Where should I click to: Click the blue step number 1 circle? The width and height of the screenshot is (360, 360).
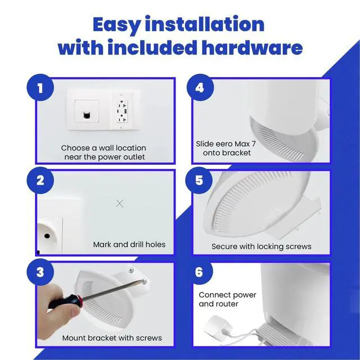pyautogui.click(x=40, y=88)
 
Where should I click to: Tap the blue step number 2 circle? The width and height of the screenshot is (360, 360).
pyautogui.click(x=40, y=180)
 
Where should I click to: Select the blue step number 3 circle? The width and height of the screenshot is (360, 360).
pyautogui.click(x=40, y=272)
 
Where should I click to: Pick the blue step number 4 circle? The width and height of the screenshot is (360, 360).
pyautogui.click(x=200, y=88)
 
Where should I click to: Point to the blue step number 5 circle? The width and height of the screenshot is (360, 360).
pyautogui.click(x=199, y=180)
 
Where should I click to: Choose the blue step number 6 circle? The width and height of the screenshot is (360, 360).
pyautogui.click(x=199, y=272)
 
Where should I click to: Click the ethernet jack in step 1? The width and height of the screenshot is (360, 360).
pyautogui.click(x=87, y=115)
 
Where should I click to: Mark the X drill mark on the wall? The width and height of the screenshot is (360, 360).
pyautogui.click(x=120, y=203)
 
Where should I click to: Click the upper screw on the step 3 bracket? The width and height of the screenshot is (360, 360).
pyautogui.click(x=131, y=270)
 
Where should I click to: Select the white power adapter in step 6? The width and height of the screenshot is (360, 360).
pyautogui.click(x=217, y=325)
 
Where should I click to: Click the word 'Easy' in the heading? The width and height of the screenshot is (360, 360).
pyautogui.click(x=117, y=25)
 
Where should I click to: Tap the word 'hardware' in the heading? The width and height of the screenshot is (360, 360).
pyautogui.click(x=252, y=47)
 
